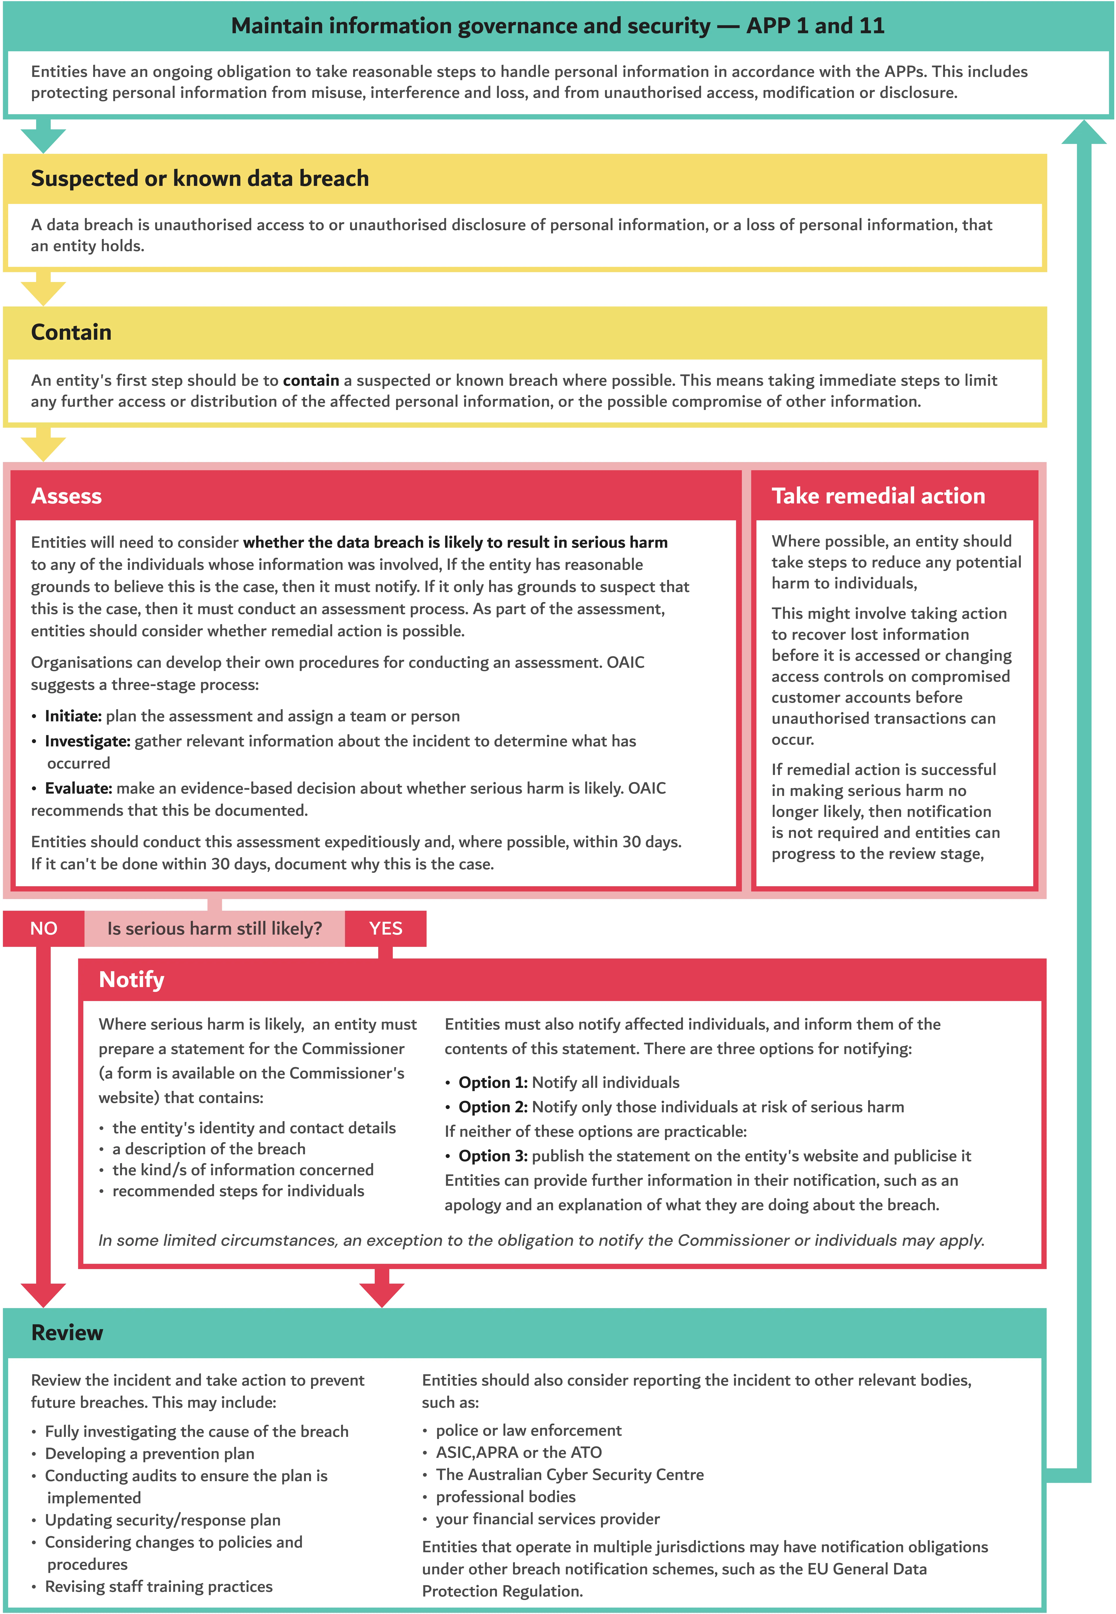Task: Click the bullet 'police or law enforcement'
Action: (x=529, y=1430)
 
